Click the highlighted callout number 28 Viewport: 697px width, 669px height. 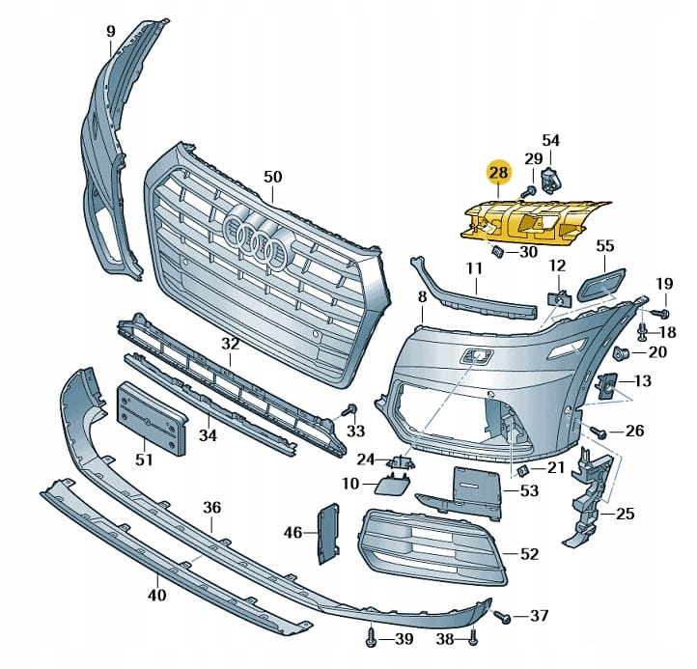[498, 173]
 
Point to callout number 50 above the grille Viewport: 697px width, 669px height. [272, 177]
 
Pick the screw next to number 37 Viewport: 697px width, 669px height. [500, 614]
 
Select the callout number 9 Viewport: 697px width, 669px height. [111, 31]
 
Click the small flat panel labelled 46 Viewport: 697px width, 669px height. [327, 532]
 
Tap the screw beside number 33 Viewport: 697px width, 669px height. [351, 409]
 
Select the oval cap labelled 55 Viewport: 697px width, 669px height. [598, 285]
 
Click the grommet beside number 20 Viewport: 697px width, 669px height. [623, 350]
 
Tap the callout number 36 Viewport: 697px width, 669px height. [211, 508]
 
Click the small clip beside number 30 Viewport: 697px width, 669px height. [497, 253]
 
